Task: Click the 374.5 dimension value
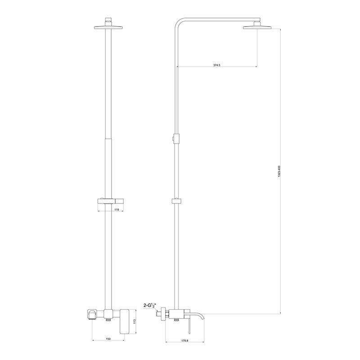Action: point(216,66)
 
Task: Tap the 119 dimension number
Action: point(117,210)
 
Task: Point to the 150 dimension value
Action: point(108,339)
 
